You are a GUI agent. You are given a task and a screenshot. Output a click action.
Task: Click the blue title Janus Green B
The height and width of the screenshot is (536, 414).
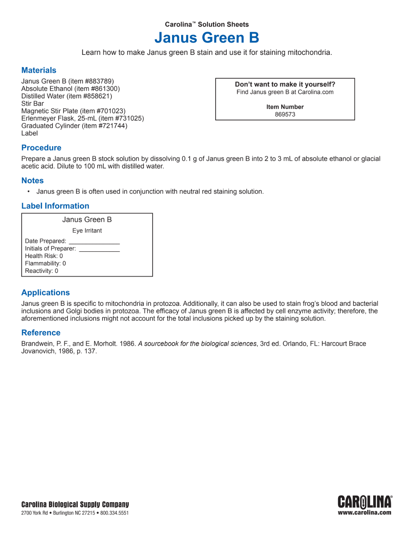click(x=207, y=38)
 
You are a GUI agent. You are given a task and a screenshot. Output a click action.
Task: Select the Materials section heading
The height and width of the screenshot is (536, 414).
click(x=39, y=70)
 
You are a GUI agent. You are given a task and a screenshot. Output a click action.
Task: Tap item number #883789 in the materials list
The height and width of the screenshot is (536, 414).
click(x=99, y=81)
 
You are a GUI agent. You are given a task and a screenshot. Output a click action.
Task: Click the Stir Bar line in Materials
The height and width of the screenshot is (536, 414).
click(x=33, y=104)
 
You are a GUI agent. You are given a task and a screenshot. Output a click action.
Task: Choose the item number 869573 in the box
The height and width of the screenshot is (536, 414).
click(x=285, y=115)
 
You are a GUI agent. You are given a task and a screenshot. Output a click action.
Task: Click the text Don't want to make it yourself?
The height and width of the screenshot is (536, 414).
click(x=285, y=85)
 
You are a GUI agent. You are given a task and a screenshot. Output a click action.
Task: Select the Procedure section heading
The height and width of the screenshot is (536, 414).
click(x=41, y=148)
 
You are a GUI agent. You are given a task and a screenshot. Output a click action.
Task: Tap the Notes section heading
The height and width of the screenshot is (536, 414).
click(x=32, y=181)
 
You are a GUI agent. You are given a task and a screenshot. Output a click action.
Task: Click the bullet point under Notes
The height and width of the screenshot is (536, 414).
click(x=29, y=192)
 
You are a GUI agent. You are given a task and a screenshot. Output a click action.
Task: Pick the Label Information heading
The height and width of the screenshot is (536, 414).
click(x=55, y=206)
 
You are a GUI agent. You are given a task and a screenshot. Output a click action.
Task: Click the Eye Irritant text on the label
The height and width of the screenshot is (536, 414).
click(x=87, y=231)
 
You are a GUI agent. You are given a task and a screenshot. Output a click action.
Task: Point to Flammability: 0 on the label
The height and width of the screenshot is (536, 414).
click(x=45, y=263)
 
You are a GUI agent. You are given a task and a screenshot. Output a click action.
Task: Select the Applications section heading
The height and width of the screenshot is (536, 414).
click(x=46, y=293)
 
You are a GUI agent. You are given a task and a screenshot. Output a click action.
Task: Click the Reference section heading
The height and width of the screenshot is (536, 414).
click(x=41, y=333)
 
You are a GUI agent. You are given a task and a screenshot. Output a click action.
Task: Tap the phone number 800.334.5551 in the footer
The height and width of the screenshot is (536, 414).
click(x=115, y=513)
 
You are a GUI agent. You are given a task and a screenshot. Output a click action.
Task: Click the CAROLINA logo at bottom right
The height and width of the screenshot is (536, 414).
click(x=365, y=502)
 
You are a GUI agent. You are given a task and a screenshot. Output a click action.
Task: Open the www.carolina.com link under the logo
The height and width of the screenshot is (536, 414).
click(x=365, y=513)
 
